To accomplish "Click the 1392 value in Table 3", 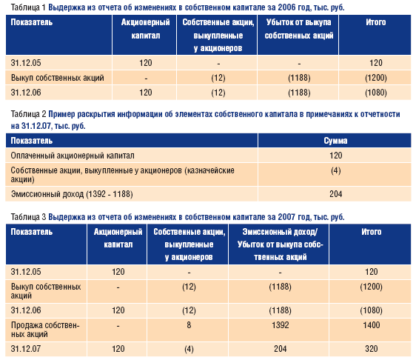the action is click(280, 325).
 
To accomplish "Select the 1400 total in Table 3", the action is click(371, 325).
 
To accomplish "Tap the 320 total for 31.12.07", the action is click(371, 349).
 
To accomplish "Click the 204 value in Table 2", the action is click(335, 194).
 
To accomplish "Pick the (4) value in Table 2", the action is click(335, 170).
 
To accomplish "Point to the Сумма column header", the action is click(335, 141).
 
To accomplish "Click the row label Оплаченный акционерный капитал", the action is click(73, 156).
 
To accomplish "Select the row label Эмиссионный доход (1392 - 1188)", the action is click(72, 194).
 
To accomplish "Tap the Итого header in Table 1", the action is click(376, 22).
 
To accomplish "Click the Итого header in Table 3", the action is click(371, 232).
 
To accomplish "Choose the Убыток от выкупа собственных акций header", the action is click(299, 29).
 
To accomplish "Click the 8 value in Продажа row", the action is click(189, 325).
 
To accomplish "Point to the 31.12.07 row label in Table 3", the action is click(26, 349).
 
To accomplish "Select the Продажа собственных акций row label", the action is click(45, 330).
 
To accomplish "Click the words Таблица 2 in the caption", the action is click(29, 114).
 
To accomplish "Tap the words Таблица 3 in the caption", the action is click(29, 217).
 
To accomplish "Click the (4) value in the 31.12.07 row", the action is click(189, 349).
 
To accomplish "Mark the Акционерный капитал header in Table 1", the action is click(145, 29).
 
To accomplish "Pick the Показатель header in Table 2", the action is click(32, 141).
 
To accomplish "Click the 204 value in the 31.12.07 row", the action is click(280, 349).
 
